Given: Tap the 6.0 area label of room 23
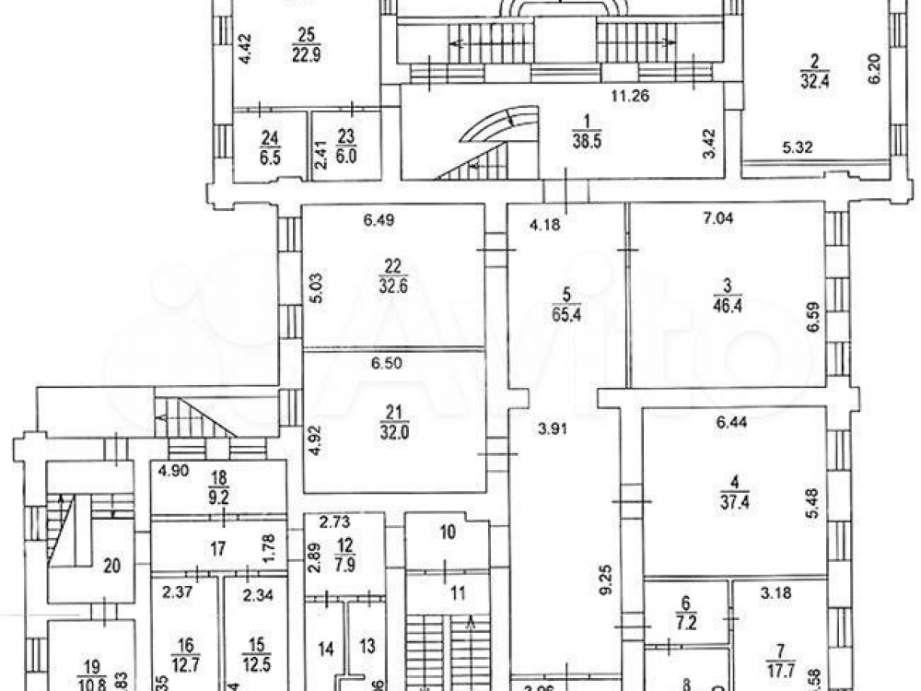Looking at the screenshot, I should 345,157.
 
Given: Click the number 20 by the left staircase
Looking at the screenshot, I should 111,566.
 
